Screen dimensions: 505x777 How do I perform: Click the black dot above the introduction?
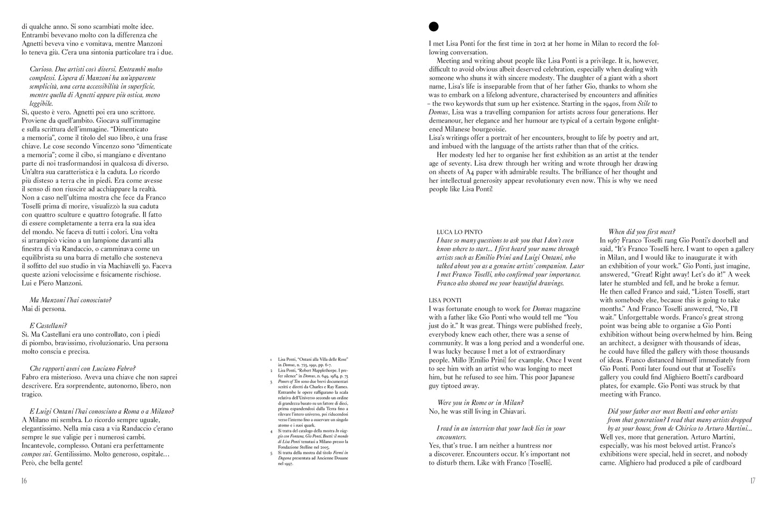[433, 26]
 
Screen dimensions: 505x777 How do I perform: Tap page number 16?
[24, 480]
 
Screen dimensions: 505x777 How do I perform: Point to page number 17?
[752, 480]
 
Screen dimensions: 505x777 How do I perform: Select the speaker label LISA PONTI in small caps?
[446, 300]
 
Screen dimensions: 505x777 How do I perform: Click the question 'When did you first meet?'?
[641, 232]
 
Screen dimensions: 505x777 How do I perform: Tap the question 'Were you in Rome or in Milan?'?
[481, 402]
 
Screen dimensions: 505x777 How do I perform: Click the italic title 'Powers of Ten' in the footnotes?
[289, 382]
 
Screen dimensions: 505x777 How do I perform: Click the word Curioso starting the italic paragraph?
[41, 69]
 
